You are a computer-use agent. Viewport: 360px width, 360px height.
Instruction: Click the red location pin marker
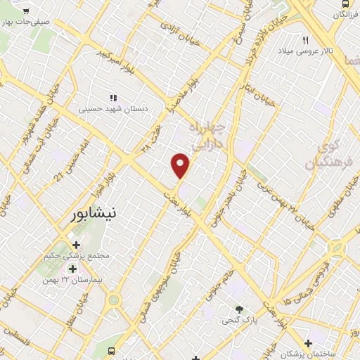(181, 165)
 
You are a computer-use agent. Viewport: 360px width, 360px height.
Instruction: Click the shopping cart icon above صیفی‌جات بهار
(26, 11)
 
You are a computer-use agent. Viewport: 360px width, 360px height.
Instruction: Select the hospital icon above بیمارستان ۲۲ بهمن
(72, 269)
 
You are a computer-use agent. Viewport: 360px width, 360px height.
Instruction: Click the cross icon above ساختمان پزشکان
(308, 341)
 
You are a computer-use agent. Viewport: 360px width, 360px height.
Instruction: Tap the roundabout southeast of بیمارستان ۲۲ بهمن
(113, 300)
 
